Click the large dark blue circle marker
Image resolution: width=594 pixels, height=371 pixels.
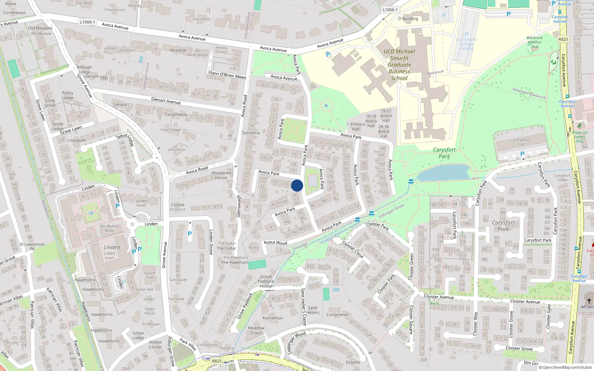pyautogui.click(x=297, y=185)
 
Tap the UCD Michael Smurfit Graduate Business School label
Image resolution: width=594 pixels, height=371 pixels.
pyautogui.click(x=399, y=65)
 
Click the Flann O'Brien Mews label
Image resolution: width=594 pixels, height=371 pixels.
pyautogui.click(x=227, y=75)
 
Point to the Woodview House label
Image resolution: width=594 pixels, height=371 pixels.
pyautogui.click(x=221, y=175)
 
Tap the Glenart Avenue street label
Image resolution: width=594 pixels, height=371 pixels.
pyautogui.click(x=166, y=101)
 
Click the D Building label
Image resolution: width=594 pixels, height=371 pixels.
pyautogui.click(x=408, y=19)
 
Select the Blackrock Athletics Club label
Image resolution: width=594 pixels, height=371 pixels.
pyautogui.click(x=535, y=42)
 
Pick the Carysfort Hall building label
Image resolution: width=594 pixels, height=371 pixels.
pyautogui.click(x=522, y=142)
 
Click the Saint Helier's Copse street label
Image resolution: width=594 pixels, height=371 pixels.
pyautogui.click(x=304, y=307)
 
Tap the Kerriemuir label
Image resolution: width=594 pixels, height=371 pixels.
pyautogui.click(x=273, y=318)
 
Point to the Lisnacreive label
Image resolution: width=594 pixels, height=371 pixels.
pyautogui.click(x=337, y=315)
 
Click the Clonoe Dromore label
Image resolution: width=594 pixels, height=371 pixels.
pyautogui.click(x=177, y=207)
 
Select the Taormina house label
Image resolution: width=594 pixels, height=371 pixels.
pyautogui.click(x=251, y=133)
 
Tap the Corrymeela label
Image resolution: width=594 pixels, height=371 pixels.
pyautogui.click(x=176, y=115)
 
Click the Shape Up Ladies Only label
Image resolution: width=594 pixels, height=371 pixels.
pyautogui.click(x=580, y=137)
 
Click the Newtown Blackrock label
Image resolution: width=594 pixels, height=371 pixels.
pyautogui.click(x=529, y=93)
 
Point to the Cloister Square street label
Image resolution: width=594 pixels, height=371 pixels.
pyautogui.click(x=411, y=320)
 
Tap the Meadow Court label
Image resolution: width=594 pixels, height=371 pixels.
pyautogui.click(x=256, y=330)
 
